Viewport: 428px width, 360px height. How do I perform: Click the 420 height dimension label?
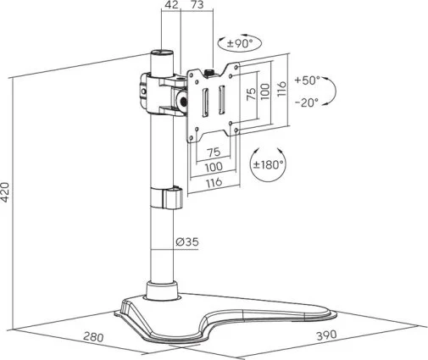pyautogui.click(x=5, y=192)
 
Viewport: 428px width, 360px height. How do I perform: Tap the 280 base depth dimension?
pyautogui.click(x=93, y=337)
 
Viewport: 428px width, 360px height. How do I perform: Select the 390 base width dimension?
pyautogui.click(x=326, y=335)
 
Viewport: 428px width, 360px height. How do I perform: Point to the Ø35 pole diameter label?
pyautogui.click(x=187, y=241)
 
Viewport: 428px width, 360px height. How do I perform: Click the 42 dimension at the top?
pyautogui.click(x=172, y=5)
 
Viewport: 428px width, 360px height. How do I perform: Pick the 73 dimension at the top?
pyautogui.click(x=197, y=5)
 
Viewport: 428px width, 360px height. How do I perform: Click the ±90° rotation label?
pyautogui.click(x=240, y=44)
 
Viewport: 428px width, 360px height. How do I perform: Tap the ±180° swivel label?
pyautogui.click(x=269, y=164)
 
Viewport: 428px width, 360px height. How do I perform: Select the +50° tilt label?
pyautogui.click(x=308, y=80)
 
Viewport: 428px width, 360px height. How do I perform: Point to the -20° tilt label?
pyautogui.click(x=307, y=102)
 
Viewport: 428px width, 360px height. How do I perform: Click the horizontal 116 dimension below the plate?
pyautogui.click(x=214, y=182)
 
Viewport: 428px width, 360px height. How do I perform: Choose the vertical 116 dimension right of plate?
pyautogui.click(x=281, y=89)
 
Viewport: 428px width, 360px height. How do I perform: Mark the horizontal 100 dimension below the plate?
pyautogui.click(x=214, y=167)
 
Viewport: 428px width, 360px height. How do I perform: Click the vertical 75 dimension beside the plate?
pyautogui.click(x=251, y=93)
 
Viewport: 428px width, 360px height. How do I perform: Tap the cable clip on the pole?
pyautogui.click(x=167, y=197)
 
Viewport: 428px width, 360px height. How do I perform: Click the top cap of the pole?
pyautogui.click(x=161, y=53)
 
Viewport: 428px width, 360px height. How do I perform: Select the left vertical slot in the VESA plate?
pyautogui.click(x=205, y=102)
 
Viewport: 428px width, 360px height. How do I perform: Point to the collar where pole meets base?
pyautogui.click(x=162, y=290)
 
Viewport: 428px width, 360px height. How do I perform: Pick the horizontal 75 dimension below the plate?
pyautogui.click(x=214, y=152)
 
